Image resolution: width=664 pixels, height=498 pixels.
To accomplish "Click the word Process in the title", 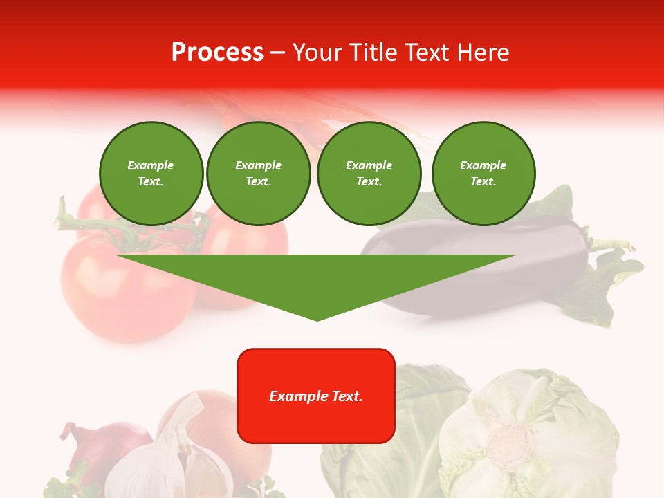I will pos(217,53).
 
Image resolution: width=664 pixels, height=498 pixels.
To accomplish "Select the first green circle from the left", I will pos(151,174).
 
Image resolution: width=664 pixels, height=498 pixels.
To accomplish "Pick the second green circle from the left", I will pos(259,174).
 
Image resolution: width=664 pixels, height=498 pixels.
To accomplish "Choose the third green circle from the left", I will pos(369,174).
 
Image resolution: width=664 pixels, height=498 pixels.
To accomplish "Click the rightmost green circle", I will pos(483,174).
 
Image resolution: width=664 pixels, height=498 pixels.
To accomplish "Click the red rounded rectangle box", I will pos(316,396).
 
